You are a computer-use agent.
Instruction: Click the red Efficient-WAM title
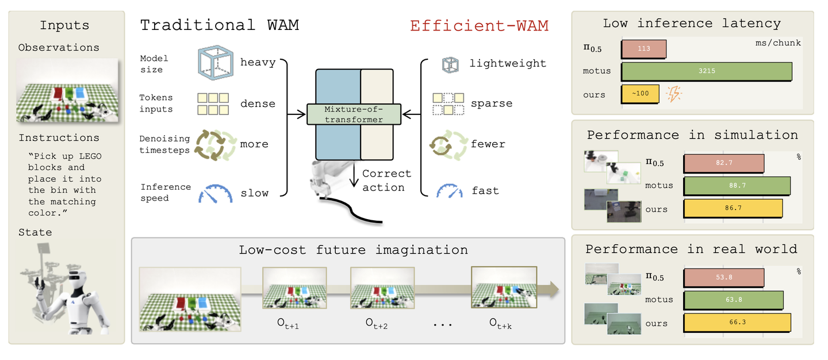pyautogui.click(x=479, y=26)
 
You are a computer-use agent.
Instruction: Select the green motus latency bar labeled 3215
pyautogui.click(x=706, y=71)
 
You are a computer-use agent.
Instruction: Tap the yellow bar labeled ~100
pyautogui.click(x=640, y=94)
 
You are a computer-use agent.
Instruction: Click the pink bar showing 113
pyautogui.click(x=644, y=49)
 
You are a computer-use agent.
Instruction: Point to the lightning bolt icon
pyautogui.click(x=674, y=94)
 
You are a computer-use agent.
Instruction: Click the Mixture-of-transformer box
pyautogui.click(x=354, y=114)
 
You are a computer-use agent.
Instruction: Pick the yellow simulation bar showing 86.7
pyautogui.click(x=733, y=208)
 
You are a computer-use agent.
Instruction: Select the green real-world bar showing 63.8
pyautogui.click(x=733, y=300)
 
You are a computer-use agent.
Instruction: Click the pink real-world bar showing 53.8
pyautogui.click(x=724, y=278)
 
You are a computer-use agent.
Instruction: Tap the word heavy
pyautogui.click(x=258, y=63)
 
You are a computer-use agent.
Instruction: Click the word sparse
pyautogui.click(x=492, y=104)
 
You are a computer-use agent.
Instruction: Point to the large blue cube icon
pyautogui.click(x=216, y=63)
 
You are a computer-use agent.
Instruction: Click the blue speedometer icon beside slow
pyautogui.click(x=216, y=193)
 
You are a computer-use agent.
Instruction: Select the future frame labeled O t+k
pyautogui.click(x=504, y=287)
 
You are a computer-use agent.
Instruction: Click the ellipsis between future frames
pyautogui.click(x=443, y=325)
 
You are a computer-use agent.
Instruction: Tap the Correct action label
pyautogui.click(x=386, y=181)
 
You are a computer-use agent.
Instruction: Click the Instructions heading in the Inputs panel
pyautogui.click(x=59, y=138)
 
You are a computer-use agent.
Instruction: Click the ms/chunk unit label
pyautogui.click(x=778, y=43)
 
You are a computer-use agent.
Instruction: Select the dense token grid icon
pyautogui.click(x=213, y=104)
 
